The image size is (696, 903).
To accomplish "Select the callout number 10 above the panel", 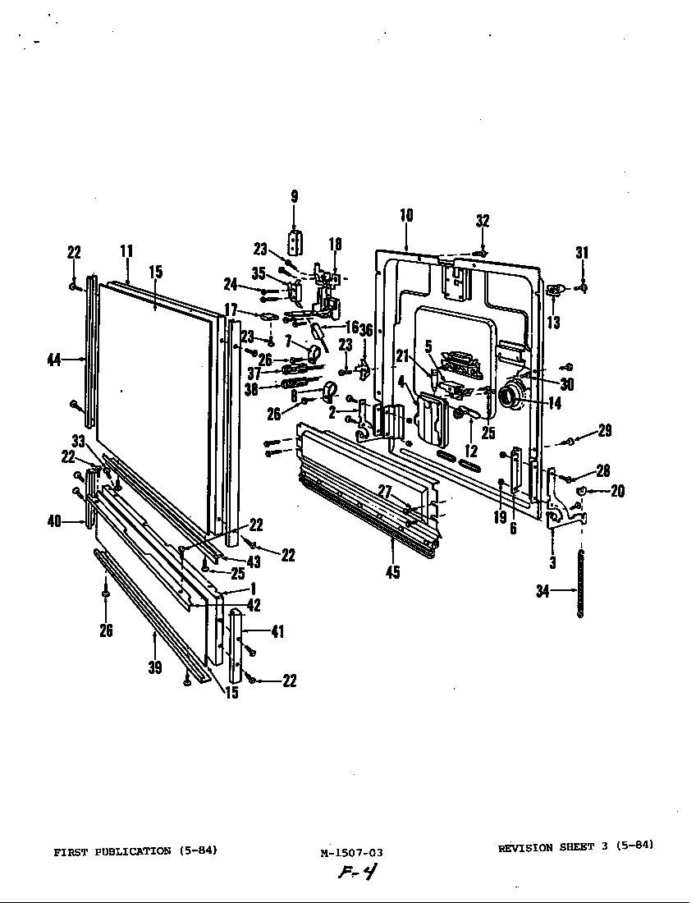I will [x=406, y=215].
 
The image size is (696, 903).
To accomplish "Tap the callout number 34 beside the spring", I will [x=543, y=590].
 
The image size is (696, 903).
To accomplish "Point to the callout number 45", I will [x=393, y=572].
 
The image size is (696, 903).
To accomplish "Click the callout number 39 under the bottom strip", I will [x=155, y=667].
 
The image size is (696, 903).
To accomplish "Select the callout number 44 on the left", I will [x=55, y=359].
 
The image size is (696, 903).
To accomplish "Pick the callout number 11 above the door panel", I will [x=126, y=251].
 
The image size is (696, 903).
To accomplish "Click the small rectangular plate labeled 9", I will [x=295, y=242].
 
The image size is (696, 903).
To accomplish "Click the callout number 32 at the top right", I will [x=483, y=220].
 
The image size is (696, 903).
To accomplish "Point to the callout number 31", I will [x=582, y=253].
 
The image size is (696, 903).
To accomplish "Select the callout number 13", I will [x=554, y=322].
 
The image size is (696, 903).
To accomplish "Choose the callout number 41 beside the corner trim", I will [x=277, y=630].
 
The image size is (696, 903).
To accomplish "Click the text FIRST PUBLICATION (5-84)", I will [x=135, y=851].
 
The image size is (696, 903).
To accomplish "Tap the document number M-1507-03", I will [x=351, y=853].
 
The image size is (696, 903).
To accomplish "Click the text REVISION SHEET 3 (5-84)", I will [x=575, y=847].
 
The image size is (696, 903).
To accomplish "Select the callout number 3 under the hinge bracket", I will [x=552, y=562].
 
